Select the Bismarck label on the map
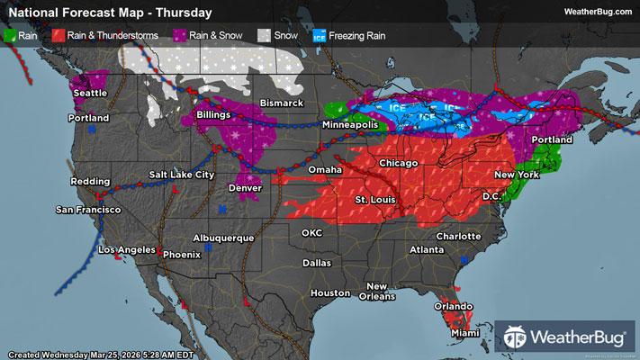[x=281, y=103]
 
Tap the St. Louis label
[x=373, y=198]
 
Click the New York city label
[x=516, y=174]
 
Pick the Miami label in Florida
[x=466, y=333]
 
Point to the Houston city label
[x=329, y=293]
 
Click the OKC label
[x=311, y=232]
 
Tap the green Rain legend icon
[x=10, y=37]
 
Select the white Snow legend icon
[x=265, y=37]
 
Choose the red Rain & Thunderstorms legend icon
[x=57, y=37]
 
